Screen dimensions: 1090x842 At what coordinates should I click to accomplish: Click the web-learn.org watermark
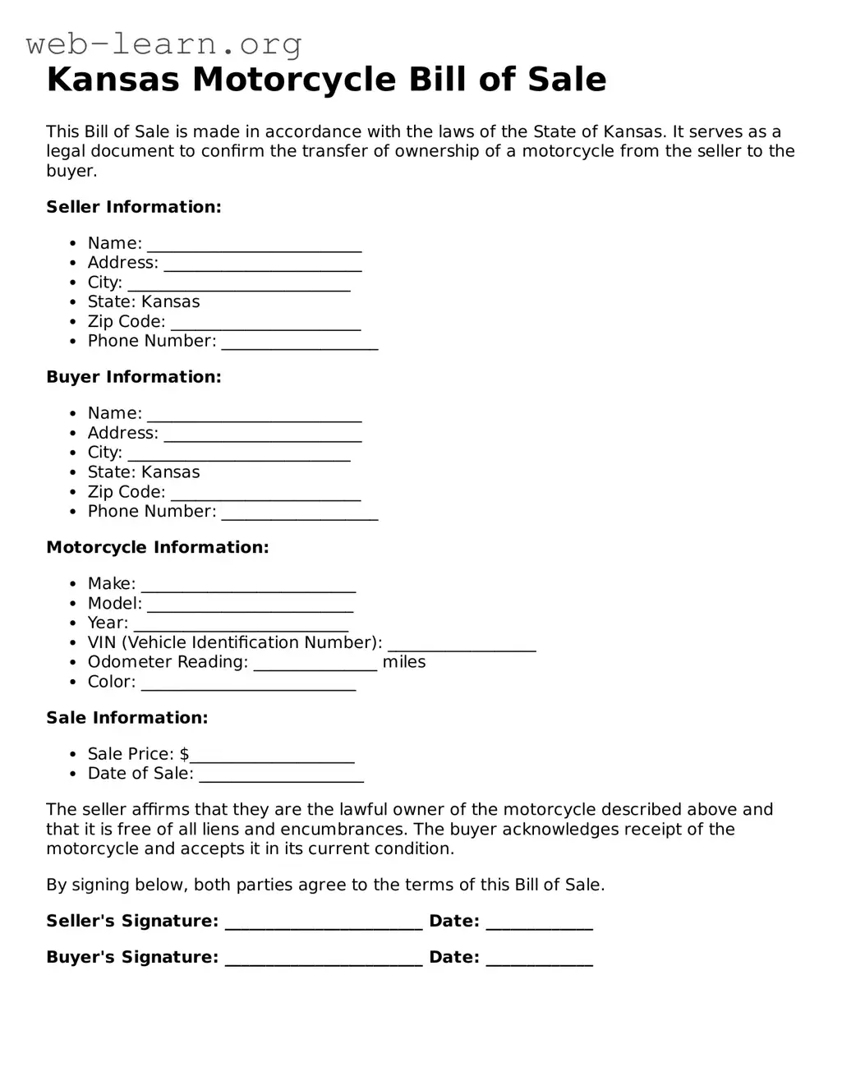[164, 44]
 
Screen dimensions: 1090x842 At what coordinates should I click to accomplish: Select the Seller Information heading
[134, 207]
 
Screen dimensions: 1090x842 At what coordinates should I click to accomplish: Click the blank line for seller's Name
[255, 246]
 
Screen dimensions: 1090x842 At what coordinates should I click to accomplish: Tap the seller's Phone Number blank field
[300, 343]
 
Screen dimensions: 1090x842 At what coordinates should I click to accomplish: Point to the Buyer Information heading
[134, 377]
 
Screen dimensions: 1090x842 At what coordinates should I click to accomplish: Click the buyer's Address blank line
[263, 435]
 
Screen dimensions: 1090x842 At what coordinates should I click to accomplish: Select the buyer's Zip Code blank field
[265, 494]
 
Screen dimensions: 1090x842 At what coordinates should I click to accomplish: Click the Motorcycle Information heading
[158, 547]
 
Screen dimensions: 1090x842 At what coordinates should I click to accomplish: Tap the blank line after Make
[248, 586]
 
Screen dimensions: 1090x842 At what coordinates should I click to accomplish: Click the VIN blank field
[462, 645]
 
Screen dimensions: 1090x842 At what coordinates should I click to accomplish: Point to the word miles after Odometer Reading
[404, 662]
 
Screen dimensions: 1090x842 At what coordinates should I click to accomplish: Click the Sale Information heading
[127, 718]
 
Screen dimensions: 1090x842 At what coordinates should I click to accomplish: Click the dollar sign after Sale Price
[185, 754]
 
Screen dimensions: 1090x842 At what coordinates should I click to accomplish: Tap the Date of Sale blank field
[281, 775]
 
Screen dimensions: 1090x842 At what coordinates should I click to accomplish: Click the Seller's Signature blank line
[324, 923]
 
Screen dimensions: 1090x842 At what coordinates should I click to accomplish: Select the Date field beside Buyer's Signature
[539, 959]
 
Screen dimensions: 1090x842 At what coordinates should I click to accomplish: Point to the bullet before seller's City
[73, 283]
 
